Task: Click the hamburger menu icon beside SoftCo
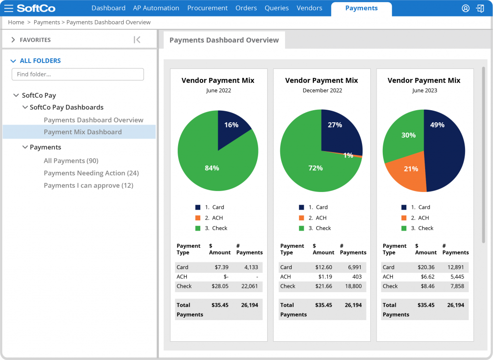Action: pos(9,8)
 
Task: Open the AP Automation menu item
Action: pos(156,8)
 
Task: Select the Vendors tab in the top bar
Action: pos(309,8)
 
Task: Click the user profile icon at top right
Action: pos(465,8)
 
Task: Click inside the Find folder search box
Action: pos(78,74)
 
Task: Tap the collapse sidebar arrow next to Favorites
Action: pos(137,40)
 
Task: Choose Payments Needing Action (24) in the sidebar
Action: pos(91,173)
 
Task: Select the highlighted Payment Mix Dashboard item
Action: pos(82,132)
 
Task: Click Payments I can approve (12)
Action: pos(88,185)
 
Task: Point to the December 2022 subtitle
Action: pos(322,90)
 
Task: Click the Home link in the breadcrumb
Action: pos(16,22)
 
